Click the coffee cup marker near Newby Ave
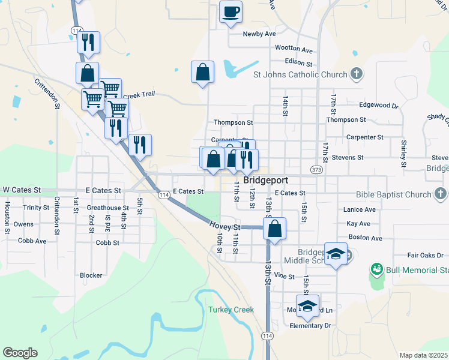point(231,12)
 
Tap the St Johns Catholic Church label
point(300,75)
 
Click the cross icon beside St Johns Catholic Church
point(357,74)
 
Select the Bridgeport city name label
point(265,180)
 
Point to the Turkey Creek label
point(231,310)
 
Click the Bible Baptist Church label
point(393,194)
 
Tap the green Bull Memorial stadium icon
point(377,269)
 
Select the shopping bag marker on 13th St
point(274,229)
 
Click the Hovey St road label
point(224,226)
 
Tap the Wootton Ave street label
point(294,49)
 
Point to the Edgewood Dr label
point(378,105)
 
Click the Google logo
point(20,352)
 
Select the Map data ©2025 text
point(423,355)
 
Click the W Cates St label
point(21,190)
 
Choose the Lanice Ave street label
point(360,209)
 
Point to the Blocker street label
point(91,275)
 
